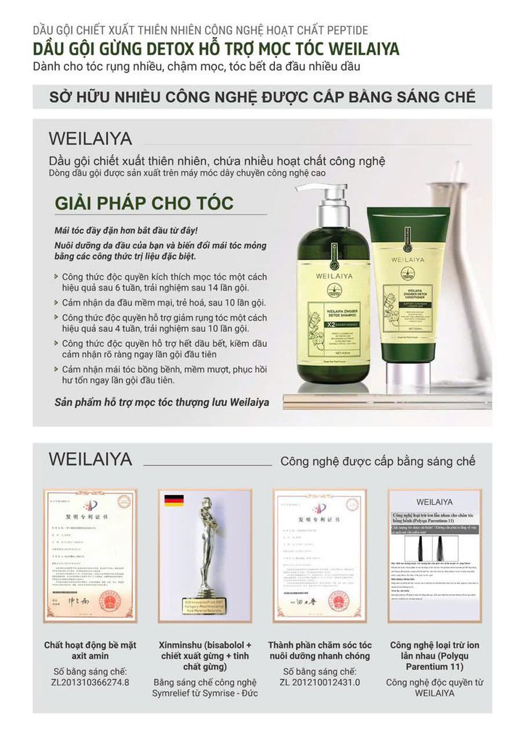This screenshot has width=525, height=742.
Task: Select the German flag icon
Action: click(x=173, y=501)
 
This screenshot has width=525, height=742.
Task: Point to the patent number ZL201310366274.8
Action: click(x=90, y=682)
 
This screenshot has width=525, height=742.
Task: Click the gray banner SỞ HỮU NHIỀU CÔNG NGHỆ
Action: click(x=262, y=97)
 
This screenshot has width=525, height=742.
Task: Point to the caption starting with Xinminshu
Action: click(x=205, y=655)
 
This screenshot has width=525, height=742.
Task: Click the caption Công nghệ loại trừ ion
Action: click(x=434, y=655)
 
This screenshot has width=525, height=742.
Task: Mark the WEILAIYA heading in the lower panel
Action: click(x=90, y=459)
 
